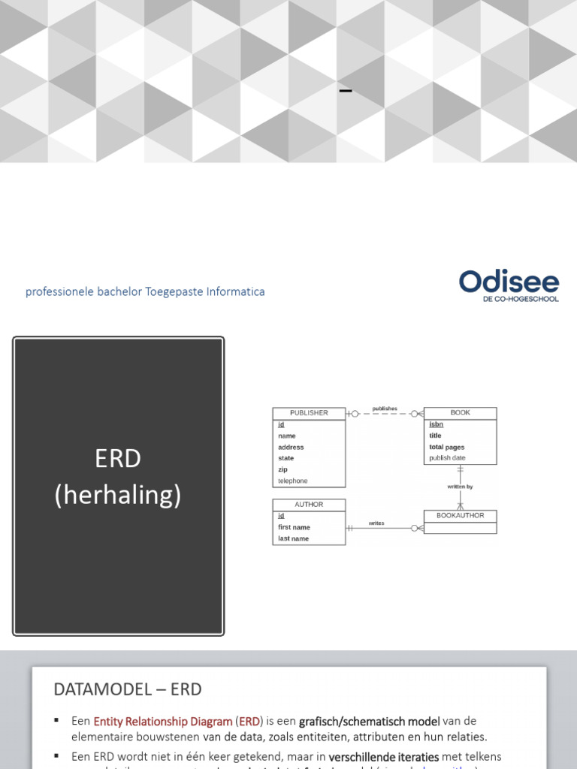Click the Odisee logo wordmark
(509, 282)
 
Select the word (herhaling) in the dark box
(118, 496)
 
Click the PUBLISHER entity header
(309, 413)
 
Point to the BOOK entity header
(460, 413)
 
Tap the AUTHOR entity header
(309, 505)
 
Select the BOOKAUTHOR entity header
(460, 515)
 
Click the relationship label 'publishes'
(385, 409)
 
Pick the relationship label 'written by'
(460, 487)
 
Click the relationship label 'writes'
(376, 523)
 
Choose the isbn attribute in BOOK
(436, 424)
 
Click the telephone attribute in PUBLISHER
(292, 481)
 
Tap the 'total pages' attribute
(446, 447)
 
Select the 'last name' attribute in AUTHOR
(293, 538)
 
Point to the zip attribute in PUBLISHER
(282, 469)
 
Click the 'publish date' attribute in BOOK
(447, 458)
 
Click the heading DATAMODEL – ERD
(128, 689)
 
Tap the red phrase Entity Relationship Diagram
(163, 722)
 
